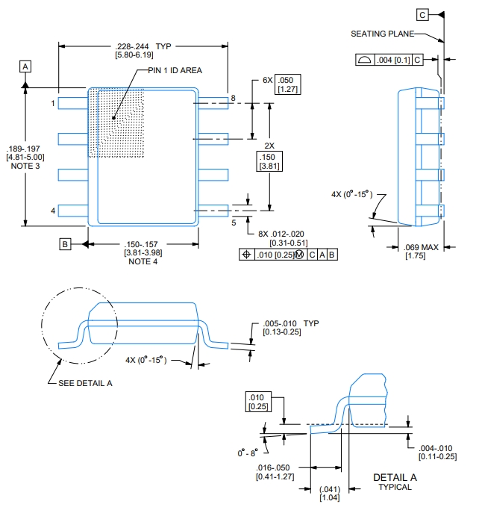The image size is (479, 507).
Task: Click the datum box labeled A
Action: pyautogui.click(x=25, y=66)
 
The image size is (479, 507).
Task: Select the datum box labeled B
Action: pyautogui.click(x=65, y=244)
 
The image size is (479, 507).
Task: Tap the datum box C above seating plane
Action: pyautogui.click(x=422, y=15)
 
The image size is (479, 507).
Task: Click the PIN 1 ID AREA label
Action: pyautogui.click(x=175, y=70)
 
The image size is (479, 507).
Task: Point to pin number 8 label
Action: pyautogui.click(x=234, y=98)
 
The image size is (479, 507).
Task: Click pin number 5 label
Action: pyautogui.click(x=234, y=223)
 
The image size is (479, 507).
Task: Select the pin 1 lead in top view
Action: pyautogui.click(x=73, y=103)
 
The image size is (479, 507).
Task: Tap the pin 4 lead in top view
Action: pyautogui.click(x=73, y=211)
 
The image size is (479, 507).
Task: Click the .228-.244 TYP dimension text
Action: pyautogui.click(x=143, y=46)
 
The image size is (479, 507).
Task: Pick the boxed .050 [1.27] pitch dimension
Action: pyautogui.click(x=288, y=84)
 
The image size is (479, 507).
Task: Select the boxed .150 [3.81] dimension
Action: pyautogui.click(x=269, y=161)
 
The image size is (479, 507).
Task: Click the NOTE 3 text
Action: pyautogui.click(x=25, y=166)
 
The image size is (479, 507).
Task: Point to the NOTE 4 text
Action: pyautogui.click(x=143, y=261)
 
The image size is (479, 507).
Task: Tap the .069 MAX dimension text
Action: pyautogui.click(x=421, y=247)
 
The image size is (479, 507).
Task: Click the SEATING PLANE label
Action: pyautogui.click(x=383, y=34)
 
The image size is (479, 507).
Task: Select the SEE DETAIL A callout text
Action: pyautogui.click(x=85, y=383)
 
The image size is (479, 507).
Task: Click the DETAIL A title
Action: pyautogui.click(x=395, y=477)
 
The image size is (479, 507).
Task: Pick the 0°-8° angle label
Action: pyautogui.click(x=248, y=452)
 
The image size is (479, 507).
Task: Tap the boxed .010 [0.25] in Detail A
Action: pyautogui.click(x=258, y=402)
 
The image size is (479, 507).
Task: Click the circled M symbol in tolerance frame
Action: pyautogui.click(x=299, y=255)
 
